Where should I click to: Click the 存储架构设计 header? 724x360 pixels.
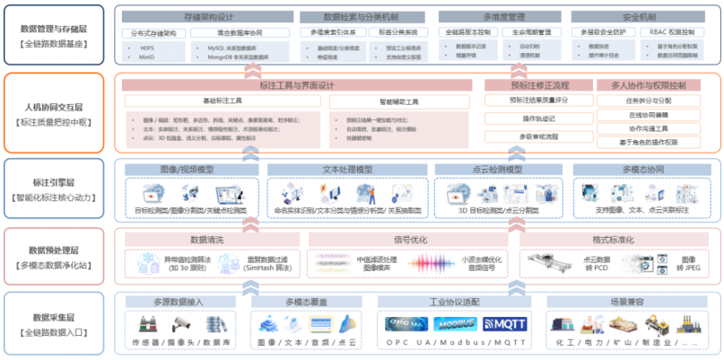click(x=207, y=17)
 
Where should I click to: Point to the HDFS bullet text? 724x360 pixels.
click(x=147, y=48)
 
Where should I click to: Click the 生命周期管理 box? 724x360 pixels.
click(x=530, y=32)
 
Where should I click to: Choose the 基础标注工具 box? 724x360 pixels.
click(x=222, y=101)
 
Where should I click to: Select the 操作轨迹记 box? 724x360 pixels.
click(x=538, y=118)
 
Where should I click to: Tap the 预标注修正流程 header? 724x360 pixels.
click(x=538, y=85)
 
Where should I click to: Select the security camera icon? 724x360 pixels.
click(x=182, y=321)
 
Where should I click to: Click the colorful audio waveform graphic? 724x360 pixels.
click(x=434, y=263)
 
